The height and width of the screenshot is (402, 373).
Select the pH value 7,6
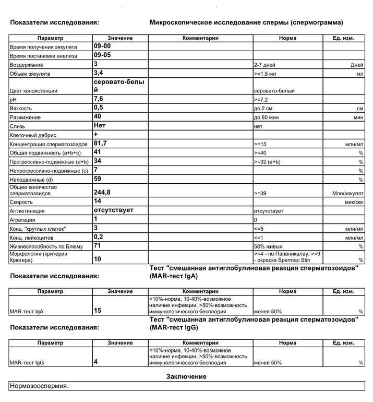(98, 99)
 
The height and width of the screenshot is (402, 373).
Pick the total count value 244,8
(102, 192)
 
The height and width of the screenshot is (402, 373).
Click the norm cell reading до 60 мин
(268, 117)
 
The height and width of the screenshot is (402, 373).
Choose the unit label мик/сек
(353, 202)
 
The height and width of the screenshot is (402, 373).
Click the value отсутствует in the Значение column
(114, 210)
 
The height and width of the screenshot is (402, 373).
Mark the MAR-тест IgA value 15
(98, 311)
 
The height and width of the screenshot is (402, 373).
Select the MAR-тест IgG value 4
(95, 361)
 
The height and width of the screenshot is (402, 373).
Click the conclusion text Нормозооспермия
(39, 387)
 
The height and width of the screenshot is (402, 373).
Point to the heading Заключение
(186, 376)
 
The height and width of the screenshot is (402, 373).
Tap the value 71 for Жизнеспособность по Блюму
(98, 245)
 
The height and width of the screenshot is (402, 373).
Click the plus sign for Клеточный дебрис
(95, 134)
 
